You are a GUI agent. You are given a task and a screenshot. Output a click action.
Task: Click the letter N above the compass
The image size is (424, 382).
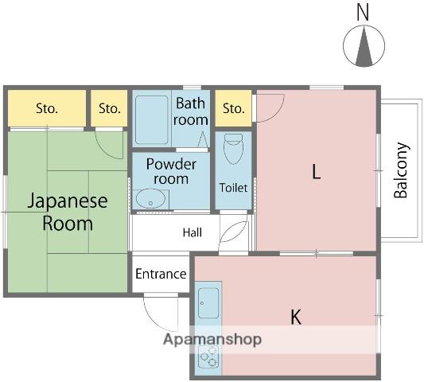[x=363, y=13]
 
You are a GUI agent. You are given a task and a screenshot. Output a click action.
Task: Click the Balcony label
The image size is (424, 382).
[x=400, y=170]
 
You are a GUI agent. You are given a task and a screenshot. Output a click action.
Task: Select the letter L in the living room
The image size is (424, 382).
[x=316, y=172]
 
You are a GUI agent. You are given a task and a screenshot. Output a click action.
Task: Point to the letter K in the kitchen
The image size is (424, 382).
[x=296, y=317]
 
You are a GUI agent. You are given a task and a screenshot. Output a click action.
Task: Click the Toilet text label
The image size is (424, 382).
[x=233, y=188]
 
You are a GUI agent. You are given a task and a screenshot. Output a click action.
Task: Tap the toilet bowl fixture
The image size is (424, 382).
[x=234, y=149]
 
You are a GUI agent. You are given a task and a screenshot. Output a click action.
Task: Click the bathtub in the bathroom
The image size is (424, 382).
[x=152, y=119]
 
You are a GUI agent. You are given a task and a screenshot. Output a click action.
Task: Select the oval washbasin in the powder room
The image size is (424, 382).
[x=150, y=199]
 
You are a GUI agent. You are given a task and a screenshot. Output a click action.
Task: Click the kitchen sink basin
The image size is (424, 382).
[x=208, y=303]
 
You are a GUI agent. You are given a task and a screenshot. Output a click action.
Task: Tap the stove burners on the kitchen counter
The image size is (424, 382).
[x=208, y=357]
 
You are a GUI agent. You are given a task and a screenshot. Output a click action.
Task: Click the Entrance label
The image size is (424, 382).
[x=161, y=274]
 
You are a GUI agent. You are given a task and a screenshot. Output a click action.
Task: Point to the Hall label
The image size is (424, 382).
[x=193, y=232]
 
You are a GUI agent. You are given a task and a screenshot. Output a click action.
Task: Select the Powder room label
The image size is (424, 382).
[x=171, y=171]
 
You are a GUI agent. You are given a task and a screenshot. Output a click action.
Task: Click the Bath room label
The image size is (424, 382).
[x=191, y=111]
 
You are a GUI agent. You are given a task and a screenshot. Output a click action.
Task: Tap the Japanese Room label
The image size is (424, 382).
[x=68, y=212]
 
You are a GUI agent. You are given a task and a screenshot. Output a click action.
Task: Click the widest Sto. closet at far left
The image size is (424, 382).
[x=47, y=108]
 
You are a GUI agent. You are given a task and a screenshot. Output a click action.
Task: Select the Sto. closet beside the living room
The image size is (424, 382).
[x=233, y=108]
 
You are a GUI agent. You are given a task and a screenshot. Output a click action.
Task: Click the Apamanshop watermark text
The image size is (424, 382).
[x=212, y=340]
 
